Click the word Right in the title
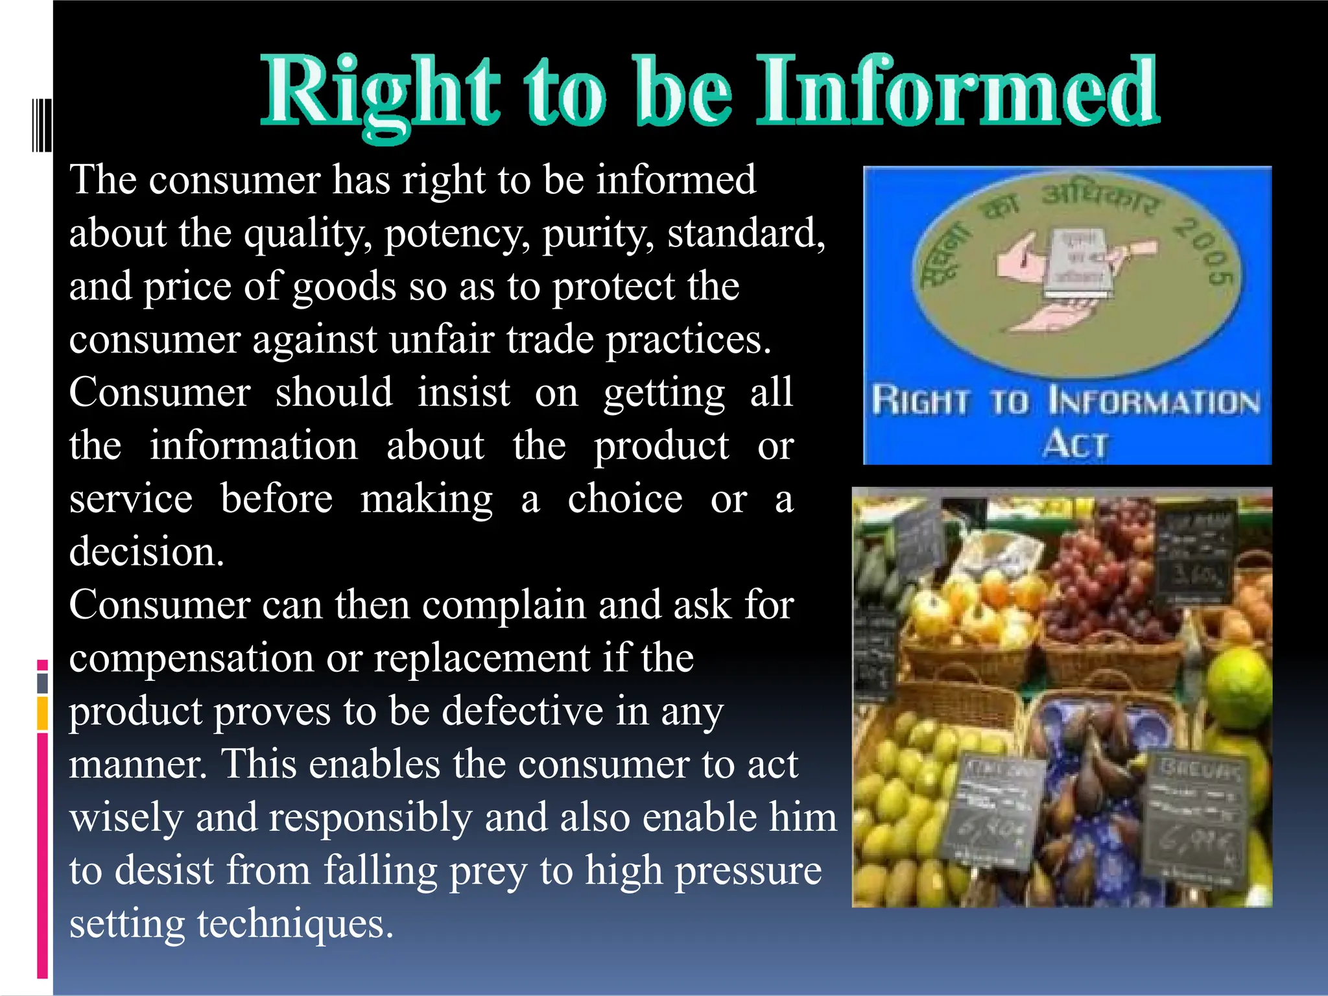[381, 91]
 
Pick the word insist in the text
[464, 393]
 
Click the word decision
[147, 552]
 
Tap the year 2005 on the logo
[1204, 252]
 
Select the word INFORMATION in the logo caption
[1154, 402]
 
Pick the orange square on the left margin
[43, 713]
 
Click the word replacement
[482, 659]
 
